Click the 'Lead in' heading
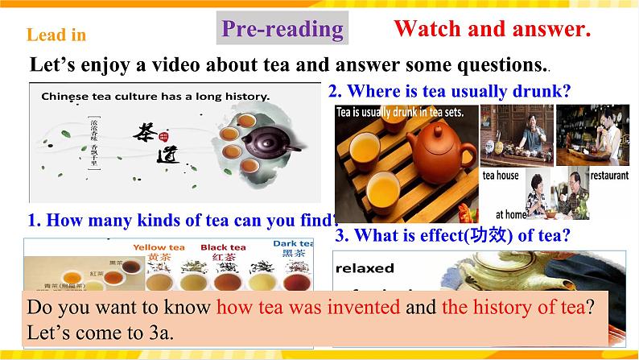pos(56,35)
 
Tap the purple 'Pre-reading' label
pos(282,29)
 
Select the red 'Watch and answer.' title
pos(492,30)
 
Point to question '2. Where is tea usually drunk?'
pos(450,92)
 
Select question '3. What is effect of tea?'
pos(451,235)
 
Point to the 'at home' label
pos(510,214)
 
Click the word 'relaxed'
pos(366,267)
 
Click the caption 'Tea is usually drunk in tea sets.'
pos(400,112)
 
